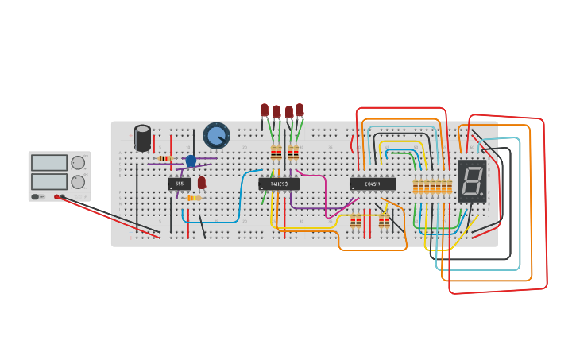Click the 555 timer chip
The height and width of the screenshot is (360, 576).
click(179, 184)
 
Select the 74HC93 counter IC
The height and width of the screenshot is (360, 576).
click(279, 184)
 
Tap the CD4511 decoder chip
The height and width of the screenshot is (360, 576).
click(372, 184)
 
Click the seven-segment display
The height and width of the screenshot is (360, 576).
click(472, 180)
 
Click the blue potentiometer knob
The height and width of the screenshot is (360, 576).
click(215, 135)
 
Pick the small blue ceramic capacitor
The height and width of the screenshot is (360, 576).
click(191, 161)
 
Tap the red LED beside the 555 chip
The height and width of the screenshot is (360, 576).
click(202, 183)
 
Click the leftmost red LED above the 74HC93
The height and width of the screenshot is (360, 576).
click(265, 110)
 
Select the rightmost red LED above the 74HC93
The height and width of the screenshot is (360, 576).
click(300, 110)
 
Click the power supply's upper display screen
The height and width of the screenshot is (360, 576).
click(49, 162)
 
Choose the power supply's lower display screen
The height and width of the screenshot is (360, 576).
click(49, 181)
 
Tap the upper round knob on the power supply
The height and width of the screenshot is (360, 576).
click(78, 163)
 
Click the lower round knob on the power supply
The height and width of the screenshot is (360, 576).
click(78, 182)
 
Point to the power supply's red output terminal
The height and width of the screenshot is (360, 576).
click(56, 196)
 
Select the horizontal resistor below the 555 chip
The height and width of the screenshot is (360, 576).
click(193, 198)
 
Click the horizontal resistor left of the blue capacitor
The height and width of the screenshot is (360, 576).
click(164, 158)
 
